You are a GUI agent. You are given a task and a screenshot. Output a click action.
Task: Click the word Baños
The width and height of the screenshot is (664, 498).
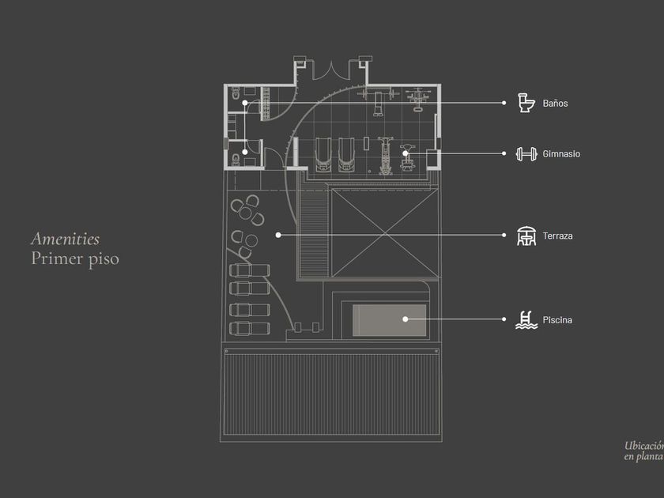[x=555, y=104]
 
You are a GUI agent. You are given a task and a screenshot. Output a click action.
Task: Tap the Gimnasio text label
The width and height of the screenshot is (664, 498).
[x=561, y=154]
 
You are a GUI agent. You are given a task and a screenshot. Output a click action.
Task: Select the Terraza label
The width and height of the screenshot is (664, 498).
[x=557, y=236]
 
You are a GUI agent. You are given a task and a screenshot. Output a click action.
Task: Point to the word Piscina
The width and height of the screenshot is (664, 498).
[x=557, y=320]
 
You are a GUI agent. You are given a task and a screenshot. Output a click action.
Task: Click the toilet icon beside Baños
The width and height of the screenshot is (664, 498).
[x=526, y=103]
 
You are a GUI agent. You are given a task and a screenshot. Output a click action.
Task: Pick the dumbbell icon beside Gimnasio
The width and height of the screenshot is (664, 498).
[x=526, y=154]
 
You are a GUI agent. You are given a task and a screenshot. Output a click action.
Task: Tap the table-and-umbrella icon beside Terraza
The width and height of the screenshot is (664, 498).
[x=526, y=236]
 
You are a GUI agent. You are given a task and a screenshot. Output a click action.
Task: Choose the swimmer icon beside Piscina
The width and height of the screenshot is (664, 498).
[x=526, y=319]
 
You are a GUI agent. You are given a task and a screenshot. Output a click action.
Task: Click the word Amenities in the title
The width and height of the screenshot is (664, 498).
[x=65, y=239]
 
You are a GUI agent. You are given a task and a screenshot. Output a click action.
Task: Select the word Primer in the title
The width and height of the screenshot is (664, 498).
[x=57, y=258]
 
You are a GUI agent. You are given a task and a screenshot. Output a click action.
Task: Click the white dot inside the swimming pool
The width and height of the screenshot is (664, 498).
[x=406, y=319]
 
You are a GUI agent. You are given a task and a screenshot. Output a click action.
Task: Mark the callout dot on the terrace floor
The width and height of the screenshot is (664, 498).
[x=278, y=235]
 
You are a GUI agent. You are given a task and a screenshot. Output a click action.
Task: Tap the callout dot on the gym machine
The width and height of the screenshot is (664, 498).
[x=405, y=153]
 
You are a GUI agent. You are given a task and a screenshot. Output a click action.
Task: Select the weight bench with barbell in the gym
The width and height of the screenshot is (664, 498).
[x=378, y=99]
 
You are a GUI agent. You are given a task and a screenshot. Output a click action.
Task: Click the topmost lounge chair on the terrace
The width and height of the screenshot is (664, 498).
[x=250, y=270]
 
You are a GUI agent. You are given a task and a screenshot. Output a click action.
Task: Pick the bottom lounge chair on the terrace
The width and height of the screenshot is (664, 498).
[x=250, y=328]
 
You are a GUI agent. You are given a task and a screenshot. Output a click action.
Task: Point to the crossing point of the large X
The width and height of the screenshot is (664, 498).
[x=382, y=234]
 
